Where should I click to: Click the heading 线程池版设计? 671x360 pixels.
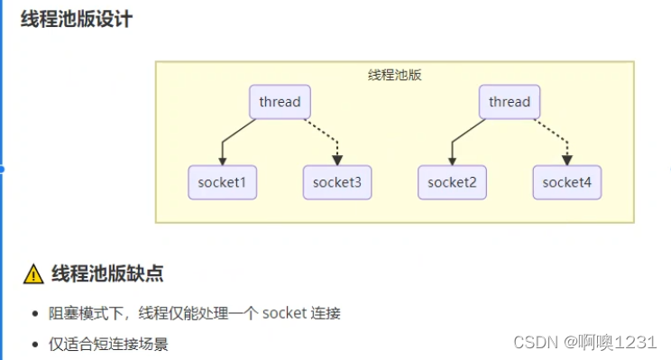(x=77, y=18)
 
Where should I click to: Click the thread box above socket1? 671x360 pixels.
(x=280, y=102)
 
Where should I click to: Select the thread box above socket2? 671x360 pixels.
(x=510, y=102)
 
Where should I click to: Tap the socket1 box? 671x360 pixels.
(x=223, y=182)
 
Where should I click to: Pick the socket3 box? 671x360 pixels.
(x=337, y=182)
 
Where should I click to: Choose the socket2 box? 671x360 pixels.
(x=452, y=182)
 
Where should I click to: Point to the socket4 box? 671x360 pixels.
(x=567, y=182)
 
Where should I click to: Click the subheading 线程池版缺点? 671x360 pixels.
(x=106, y=273)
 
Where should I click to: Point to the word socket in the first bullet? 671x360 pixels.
(x=284, y=313)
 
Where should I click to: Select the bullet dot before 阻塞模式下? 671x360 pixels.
(x=33, y=314)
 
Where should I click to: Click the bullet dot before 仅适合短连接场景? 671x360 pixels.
(x=33, y=344)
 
